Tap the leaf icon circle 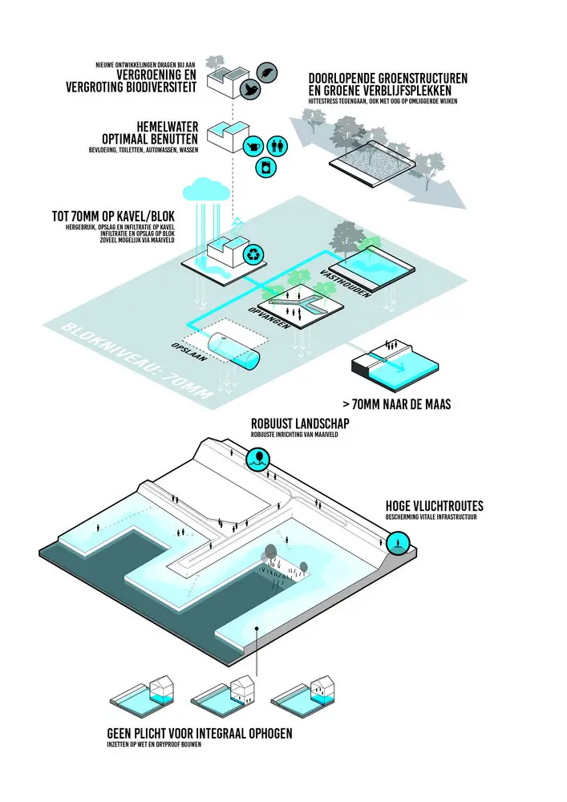click(270, 69)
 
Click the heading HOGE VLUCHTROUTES click(434, 507)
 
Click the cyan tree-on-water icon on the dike click(259, 460)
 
